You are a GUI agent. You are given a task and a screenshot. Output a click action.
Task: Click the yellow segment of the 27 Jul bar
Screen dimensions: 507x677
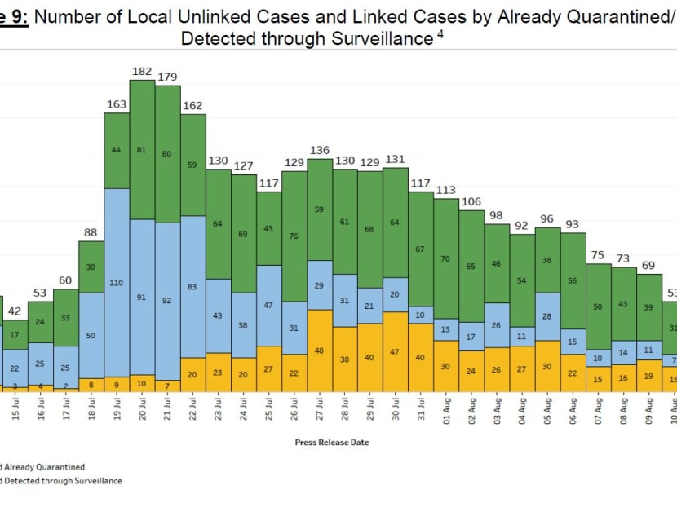pos(320,350)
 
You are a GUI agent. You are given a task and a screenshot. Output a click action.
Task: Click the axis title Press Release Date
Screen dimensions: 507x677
pos(332,443)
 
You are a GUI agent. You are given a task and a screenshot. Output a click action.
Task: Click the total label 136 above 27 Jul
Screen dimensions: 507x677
pos(320,150)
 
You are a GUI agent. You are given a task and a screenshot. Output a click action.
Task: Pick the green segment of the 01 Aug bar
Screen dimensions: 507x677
pos(446,258)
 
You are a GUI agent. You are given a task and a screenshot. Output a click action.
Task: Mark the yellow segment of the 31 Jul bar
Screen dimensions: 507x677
pos(421,357)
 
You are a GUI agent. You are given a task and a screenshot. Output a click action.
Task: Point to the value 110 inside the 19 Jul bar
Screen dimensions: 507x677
pos(117,282)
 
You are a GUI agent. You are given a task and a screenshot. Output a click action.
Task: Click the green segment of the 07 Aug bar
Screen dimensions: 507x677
pos(598,306)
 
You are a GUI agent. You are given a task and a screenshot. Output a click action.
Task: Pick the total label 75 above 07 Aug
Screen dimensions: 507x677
pos(598,255)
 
